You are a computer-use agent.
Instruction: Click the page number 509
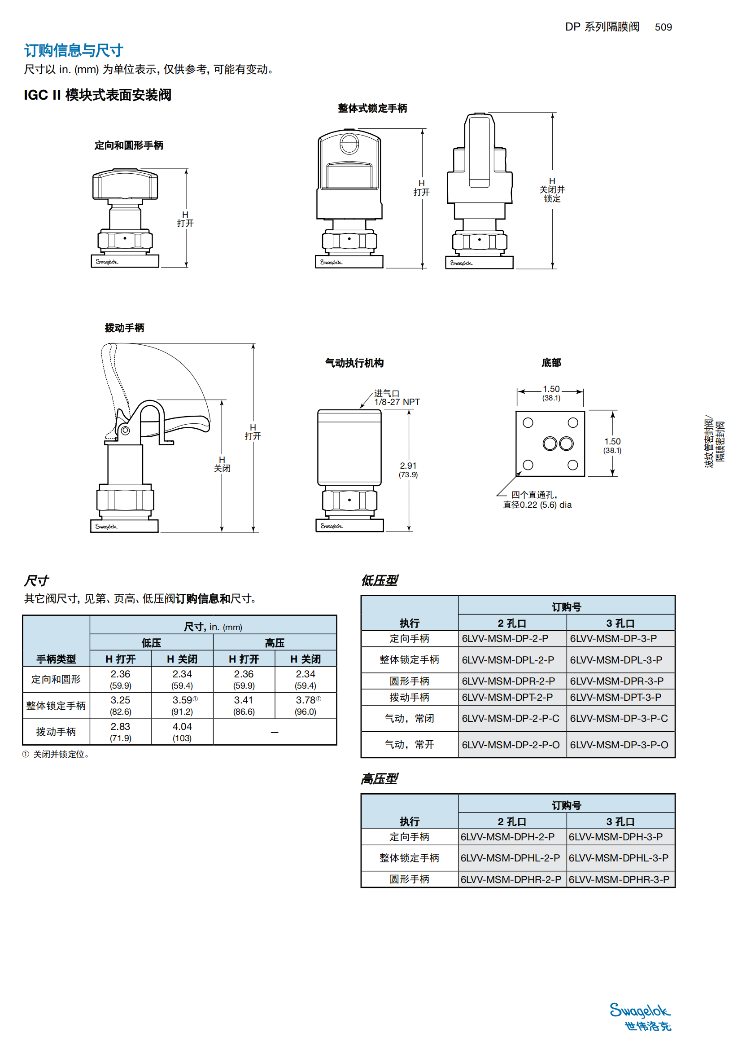point(663,27)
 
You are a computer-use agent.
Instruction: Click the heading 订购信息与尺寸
point(74,50)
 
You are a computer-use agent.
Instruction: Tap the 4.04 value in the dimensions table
point(182,727)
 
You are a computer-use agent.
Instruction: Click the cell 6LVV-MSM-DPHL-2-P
point(510,858)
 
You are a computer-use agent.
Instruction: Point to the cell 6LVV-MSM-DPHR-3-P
point(619,879)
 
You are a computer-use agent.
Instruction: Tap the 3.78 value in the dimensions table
point(305,700)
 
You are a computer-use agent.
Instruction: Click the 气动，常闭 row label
point(409,718)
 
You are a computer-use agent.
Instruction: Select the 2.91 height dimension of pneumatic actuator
point(408,466)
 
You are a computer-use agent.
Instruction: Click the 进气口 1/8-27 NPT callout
point(396,398)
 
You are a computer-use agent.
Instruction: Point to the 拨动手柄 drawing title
point(124,328)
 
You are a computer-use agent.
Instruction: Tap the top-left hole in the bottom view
point(528,422)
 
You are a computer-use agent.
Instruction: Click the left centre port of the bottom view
point(550,443)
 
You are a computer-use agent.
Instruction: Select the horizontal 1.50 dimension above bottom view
point(551,389)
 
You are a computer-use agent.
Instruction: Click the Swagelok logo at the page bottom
point(640,1016)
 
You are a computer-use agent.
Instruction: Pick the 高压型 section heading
point(379,778)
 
